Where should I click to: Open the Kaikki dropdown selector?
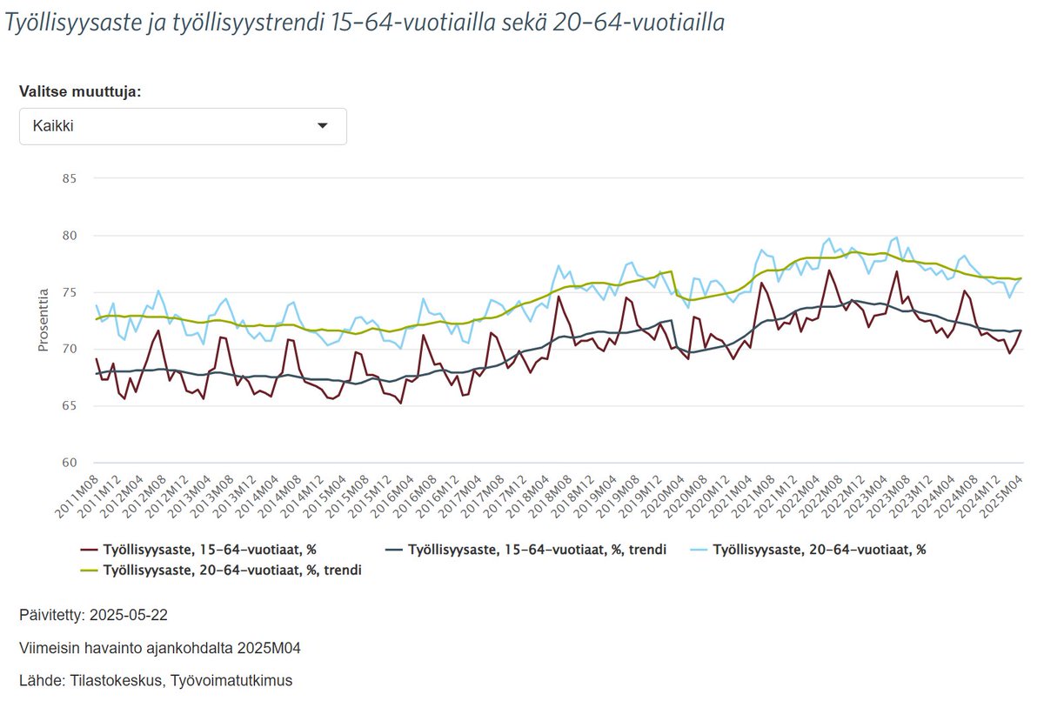coord(183,126)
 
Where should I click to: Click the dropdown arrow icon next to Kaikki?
coord(323,126)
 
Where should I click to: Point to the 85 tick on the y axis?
coord(69,179)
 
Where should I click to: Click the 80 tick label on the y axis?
coord(69,236)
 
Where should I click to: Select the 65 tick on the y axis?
coord(69,406)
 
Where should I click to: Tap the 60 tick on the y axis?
coord(69,463)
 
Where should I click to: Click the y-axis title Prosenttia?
coord(43,321)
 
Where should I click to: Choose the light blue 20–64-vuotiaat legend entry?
coord(813,550)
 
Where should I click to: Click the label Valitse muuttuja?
coord(80,91)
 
